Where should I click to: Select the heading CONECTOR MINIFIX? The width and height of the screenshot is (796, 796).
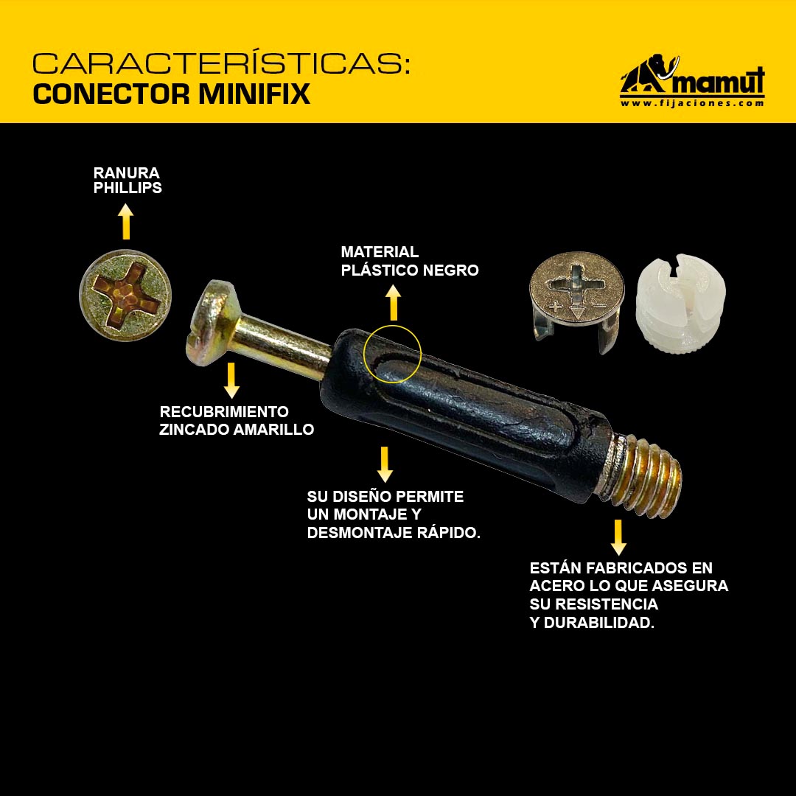point(171,94)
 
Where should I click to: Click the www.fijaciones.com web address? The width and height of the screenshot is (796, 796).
point(692,103)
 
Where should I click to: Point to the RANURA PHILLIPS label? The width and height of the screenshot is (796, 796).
point(128,181)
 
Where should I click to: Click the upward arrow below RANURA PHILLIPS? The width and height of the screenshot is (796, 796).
point(126,221)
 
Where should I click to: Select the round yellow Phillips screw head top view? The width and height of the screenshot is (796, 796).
point(125,295)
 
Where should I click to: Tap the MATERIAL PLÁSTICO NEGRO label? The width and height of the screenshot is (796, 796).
point(410,261)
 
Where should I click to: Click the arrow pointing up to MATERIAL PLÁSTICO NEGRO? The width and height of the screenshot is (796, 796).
point(393,303)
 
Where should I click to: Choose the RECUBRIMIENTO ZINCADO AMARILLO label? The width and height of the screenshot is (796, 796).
point(237,420)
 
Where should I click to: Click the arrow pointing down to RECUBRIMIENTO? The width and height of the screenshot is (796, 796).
point(231,380)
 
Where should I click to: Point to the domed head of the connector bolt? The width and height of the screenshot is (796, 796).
point(213,323)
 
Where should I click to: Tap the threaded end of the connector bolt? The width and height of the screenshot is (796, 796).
point(645,475)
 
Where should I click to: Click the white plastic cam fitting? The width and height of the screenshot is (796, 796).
point(680,304)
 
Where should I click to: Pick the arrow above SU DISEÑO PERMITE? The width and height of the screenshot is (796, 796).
point(385,464)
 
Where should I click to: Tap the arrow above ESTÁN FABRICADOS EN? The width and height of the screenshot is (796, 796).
point(618,537)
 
